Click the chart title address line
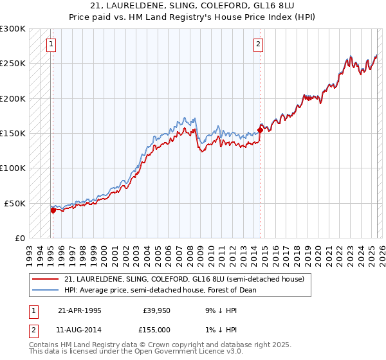click(192, 6)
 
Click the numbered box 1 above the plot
click(51, 44)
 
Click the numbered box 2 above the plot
click(258, 44)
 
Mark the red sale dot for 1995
click(53, 210)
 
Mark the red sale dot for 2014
click(260, 130)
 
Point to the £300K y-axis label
click(13, 29)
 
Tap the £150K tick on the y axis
click(13, 133)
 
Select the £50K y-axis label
click(15, 203)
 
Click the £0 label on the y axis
click(20, 238)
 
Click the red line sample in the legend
click(46, 279)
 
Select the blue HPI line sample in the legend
click(46, 290)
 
